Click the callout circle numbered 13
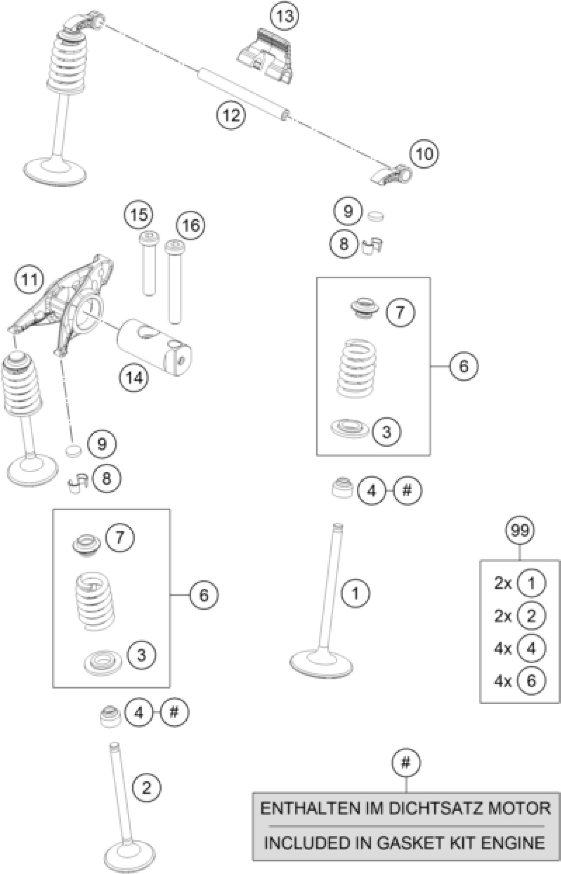pos(284,16)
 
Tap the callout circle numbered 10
pos(424,154)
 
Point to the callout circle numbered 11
pos(29,280)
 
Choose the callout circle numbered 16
pos(190,226)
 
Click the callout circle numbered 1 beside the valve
pos(355,594)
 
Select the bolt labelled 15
pos(148,262)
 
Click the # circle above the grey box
pos(406,762)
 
